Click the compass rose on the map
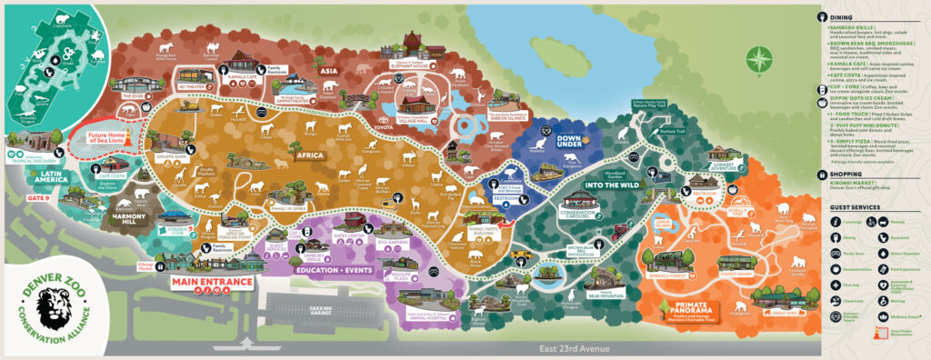(x=757, y=61)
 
